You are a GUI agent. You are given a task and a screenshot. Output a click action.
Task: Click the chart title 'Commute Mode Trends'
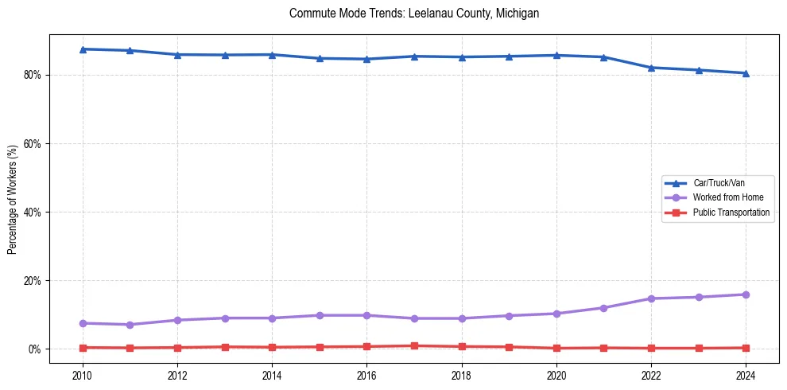pyautogui.click(x=414, y=14)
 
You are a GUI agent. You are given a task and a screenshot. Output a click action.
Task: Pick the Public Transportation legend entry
pyautogui.click(x=731, y=213)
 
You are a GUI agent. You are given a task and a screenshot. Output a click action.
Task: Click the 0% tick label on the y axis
pyautogui.click(x=37, y=349)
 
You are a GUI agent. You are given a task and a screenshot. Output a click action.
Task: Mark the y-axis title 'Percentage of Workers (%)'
pyautogui.click(x=13, y=199)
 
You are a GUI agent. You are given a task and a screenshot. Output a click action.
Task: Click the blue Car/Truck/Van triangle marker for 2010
pyautogui.click(x=83, y=49)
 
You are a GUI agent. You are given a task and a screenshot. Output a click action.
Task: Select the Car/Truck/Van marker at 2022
pyautogui.click(x=651, y=68)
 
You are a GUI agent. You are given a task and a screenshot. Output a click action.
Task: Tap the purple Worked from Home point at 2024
pyautogui.click(x=746, y=294)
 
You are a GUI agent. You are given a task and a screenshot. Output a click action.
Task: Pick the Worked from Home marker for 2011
pyautogui.click(x=130, y=325)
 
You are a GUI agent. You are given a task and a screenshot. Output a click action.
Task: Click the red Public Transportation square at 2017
pyautogui.click(x=414, y=345)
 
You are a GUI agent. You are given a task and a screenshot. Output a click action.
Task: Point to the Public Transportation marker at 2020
pyautogui.click(x=556, y=348)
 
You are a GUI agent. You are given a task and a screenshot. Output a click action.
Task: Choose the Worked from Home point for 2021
pyautogui.click(x=603, y=308)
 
